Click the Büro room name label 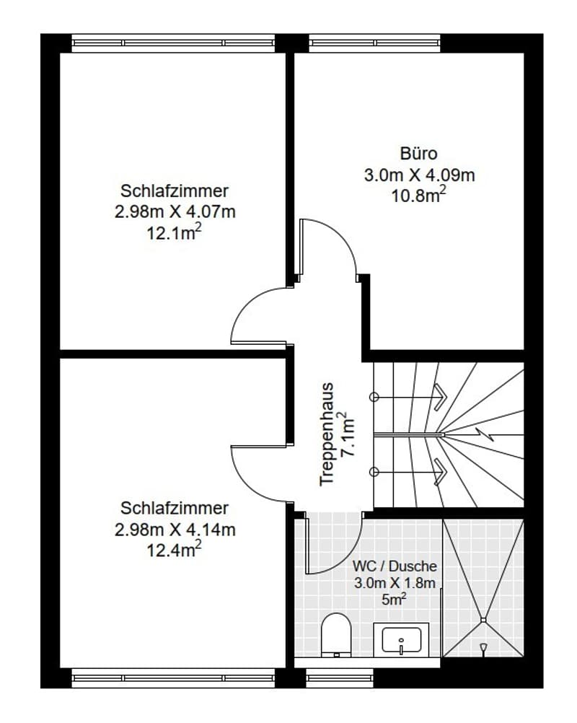[x=418, y=154]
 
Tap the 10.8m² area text [x=418, y=195]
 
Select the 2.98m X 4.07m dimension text [x=175, y=211]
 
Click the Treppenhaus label [x=326, y=434]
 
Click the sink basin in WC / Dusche [x=402, y=639]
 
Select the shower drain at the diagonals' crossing [x=483, y=620]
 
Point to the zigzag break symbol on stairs [x=485, y=434]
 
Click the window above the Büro [x=374, y=43]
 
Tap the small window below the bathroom [x=340, y=678]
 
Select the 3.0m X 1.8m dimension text [x=395, y=583]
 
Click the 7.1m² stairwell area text [x=348, y=434]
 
